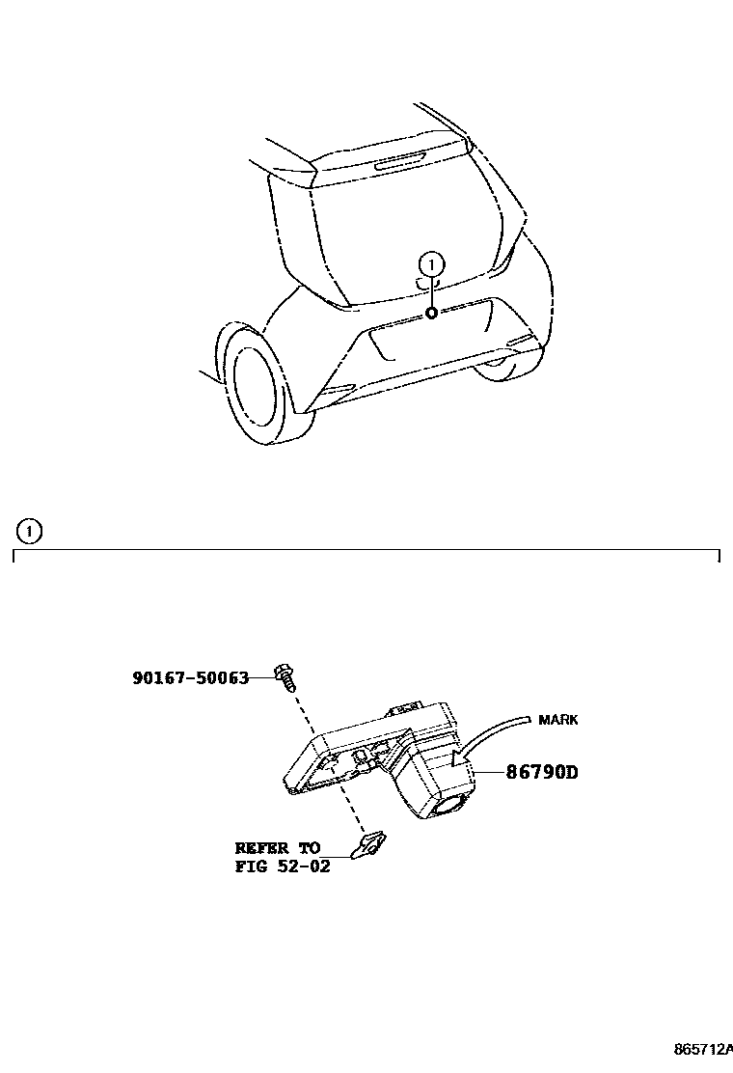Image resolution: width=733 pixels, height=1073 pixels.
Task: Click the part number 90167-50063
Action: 190,678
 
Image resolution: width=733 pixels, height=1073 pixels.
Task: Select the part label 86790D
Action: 540,772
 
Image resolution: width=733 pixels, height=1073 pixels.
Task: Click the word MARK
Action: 558,720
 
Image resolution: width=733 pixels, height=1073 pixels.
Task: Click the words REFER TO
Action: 278,848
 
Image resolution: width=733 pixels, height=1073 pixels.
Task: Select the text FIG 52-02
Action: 283,867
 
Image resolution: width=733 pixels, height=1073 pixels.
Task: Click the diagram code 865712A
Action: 702,1048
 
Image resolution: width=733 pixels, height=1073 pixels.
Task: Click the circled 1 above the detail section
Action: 30,531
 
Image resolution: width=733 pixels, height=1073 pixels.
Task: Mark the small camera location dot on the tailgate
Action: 432,313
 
